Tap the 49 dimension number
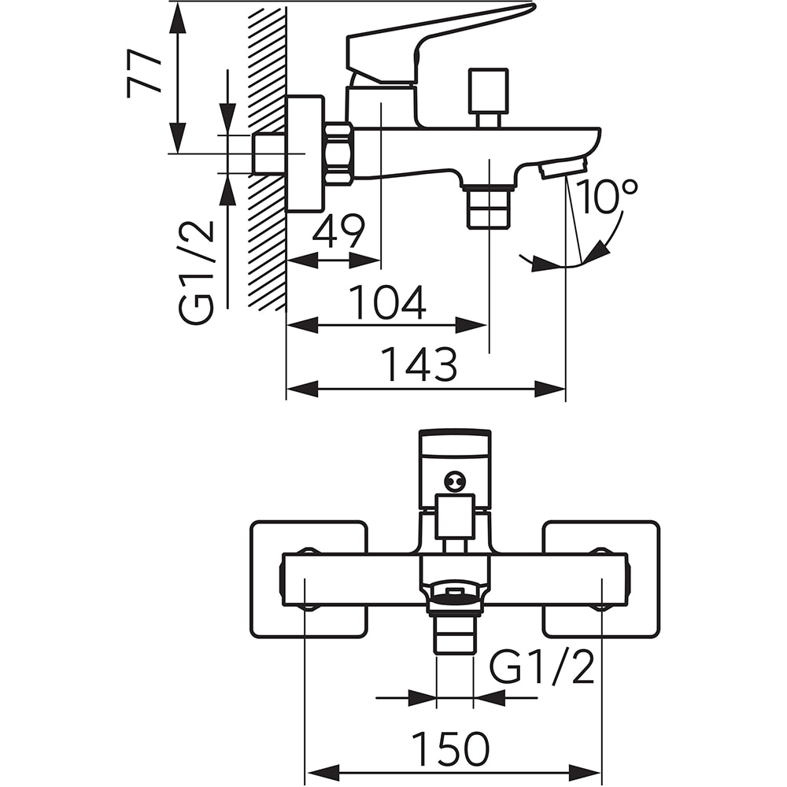pyautogui.click(x=338, y=231)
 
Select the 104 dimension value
pyautogui.click(x=387, y=302)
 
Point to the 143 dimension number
pyautogui.click(x=419, y=364)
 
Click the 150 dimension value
pyautogui.click(x=450, y=748)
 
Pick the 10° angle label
pyautogui.click(x=606, y=196)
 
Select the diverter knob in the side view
pyautogui.click(x=488, y=97)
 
